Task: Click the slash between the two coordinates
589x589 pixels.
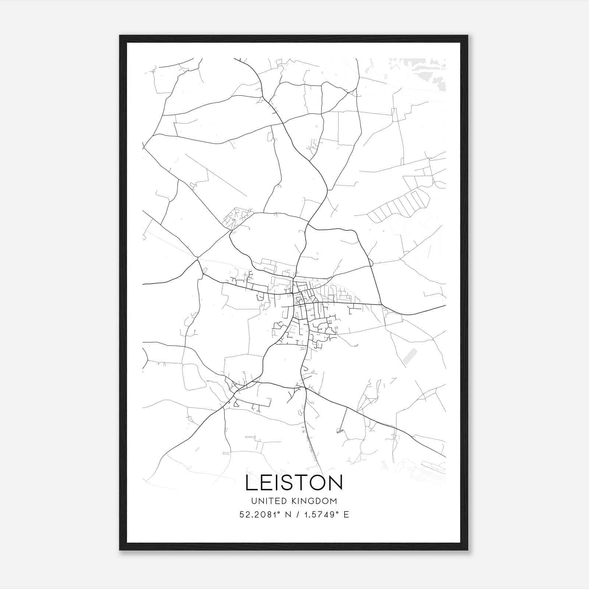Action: [x=297, y=515]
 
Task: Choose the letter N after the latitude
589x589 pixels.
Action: [x=288, y=515]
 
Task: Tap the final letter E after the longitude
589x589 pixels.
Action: [x=346, y=515]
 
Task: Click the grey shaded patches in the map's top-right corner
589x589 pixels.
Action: [x=423, y=72]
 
